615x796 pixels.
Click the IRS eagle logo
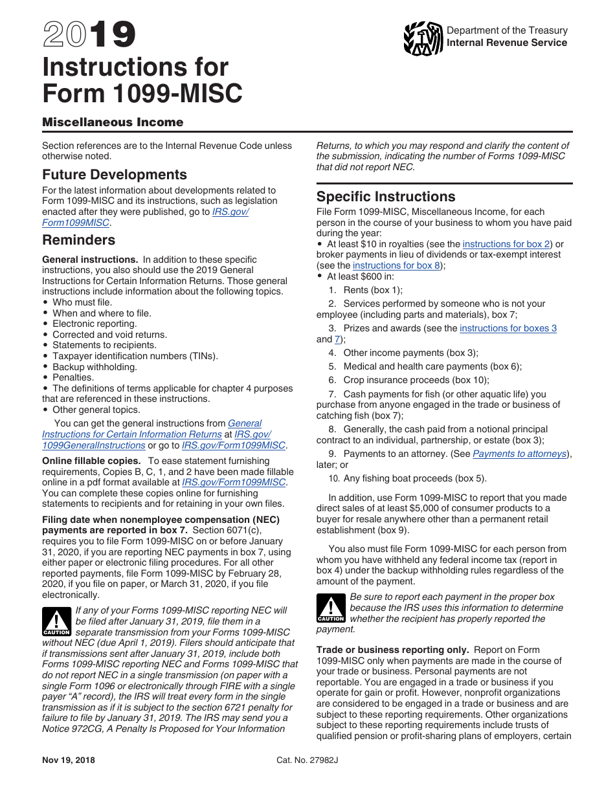(x=423, y=38)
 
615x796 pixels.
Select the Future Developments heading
(x=115, y=175)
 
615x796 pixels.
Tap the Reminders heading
(x=78, y=240)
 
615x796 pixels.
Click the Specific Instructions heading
(x=386, y=197)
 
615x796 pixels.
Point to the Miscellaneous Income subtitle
(x=113, y=122)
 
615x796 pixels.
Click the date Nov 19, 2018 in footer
(x=69, y=760)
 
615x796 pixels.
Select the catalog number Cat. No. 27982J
(x=307, y=760)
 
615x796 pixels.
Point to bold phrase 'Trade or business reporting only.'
(x=393, y=650)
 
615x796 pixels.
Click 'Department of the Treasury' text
(x=507, y=30)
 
